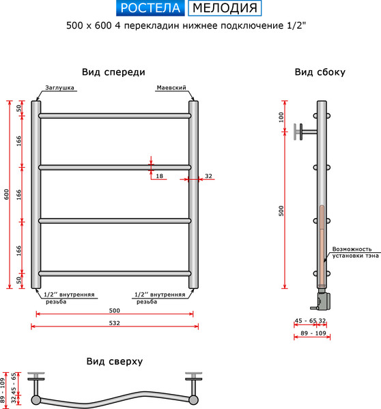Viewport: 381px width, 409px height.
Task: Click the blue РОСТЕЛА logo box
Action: coord(149,8)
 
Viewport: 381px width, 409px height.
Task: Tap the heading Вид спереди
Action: coord(113,72)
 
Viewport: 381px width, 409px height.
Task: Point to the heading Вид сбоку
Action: coord(320,72)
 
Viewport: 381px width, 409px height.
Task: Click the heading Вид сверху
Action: coord(114,361)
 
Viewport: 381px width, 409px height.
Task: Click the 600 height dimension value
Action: coord(6,194)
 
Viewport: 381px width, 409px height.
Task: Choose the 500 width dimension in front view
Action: coord(114,311)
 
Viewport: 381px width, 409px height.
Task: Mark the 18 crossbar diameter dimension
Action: coord(159,177)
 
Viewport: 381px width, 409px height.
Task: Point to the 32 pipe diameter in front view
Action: coord(208,177)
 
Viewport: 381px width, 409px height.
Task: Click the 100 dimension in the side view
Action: coord(281,117)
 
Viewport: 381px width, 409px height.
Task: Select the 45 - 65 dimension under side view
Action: coord(305,320)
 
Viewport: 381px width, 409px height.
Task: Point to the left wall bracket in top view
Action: coord(38,378)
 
